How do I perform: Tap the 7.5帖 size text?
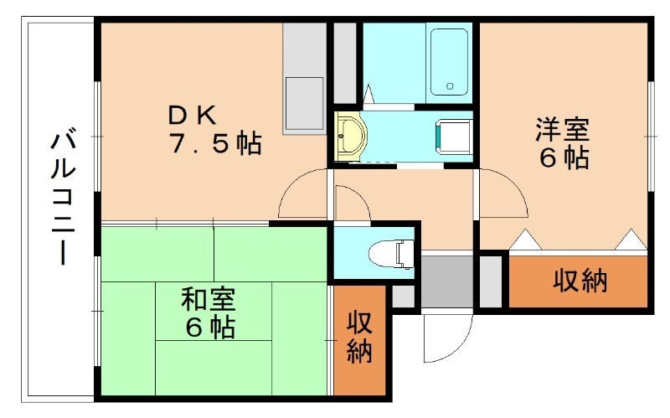click(215, 144)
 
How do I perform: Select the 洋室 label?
click(562, 130)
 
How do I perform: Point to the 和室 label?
click(209, 298)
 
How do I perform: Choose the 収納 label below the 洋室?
click(580, 282)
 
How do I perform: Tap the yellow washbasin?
click(350, 135)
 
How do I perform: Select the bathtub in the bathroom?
click(449, 62)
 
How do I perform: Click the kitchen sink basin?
click(302, 100)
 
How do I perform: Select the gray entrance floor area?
click(446, 281)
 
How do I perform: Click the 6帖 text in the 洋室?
click(562, 157)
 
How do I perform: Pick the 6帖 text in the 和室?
click(209, 326)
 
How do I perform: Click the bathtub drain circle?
click(450, 86)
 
